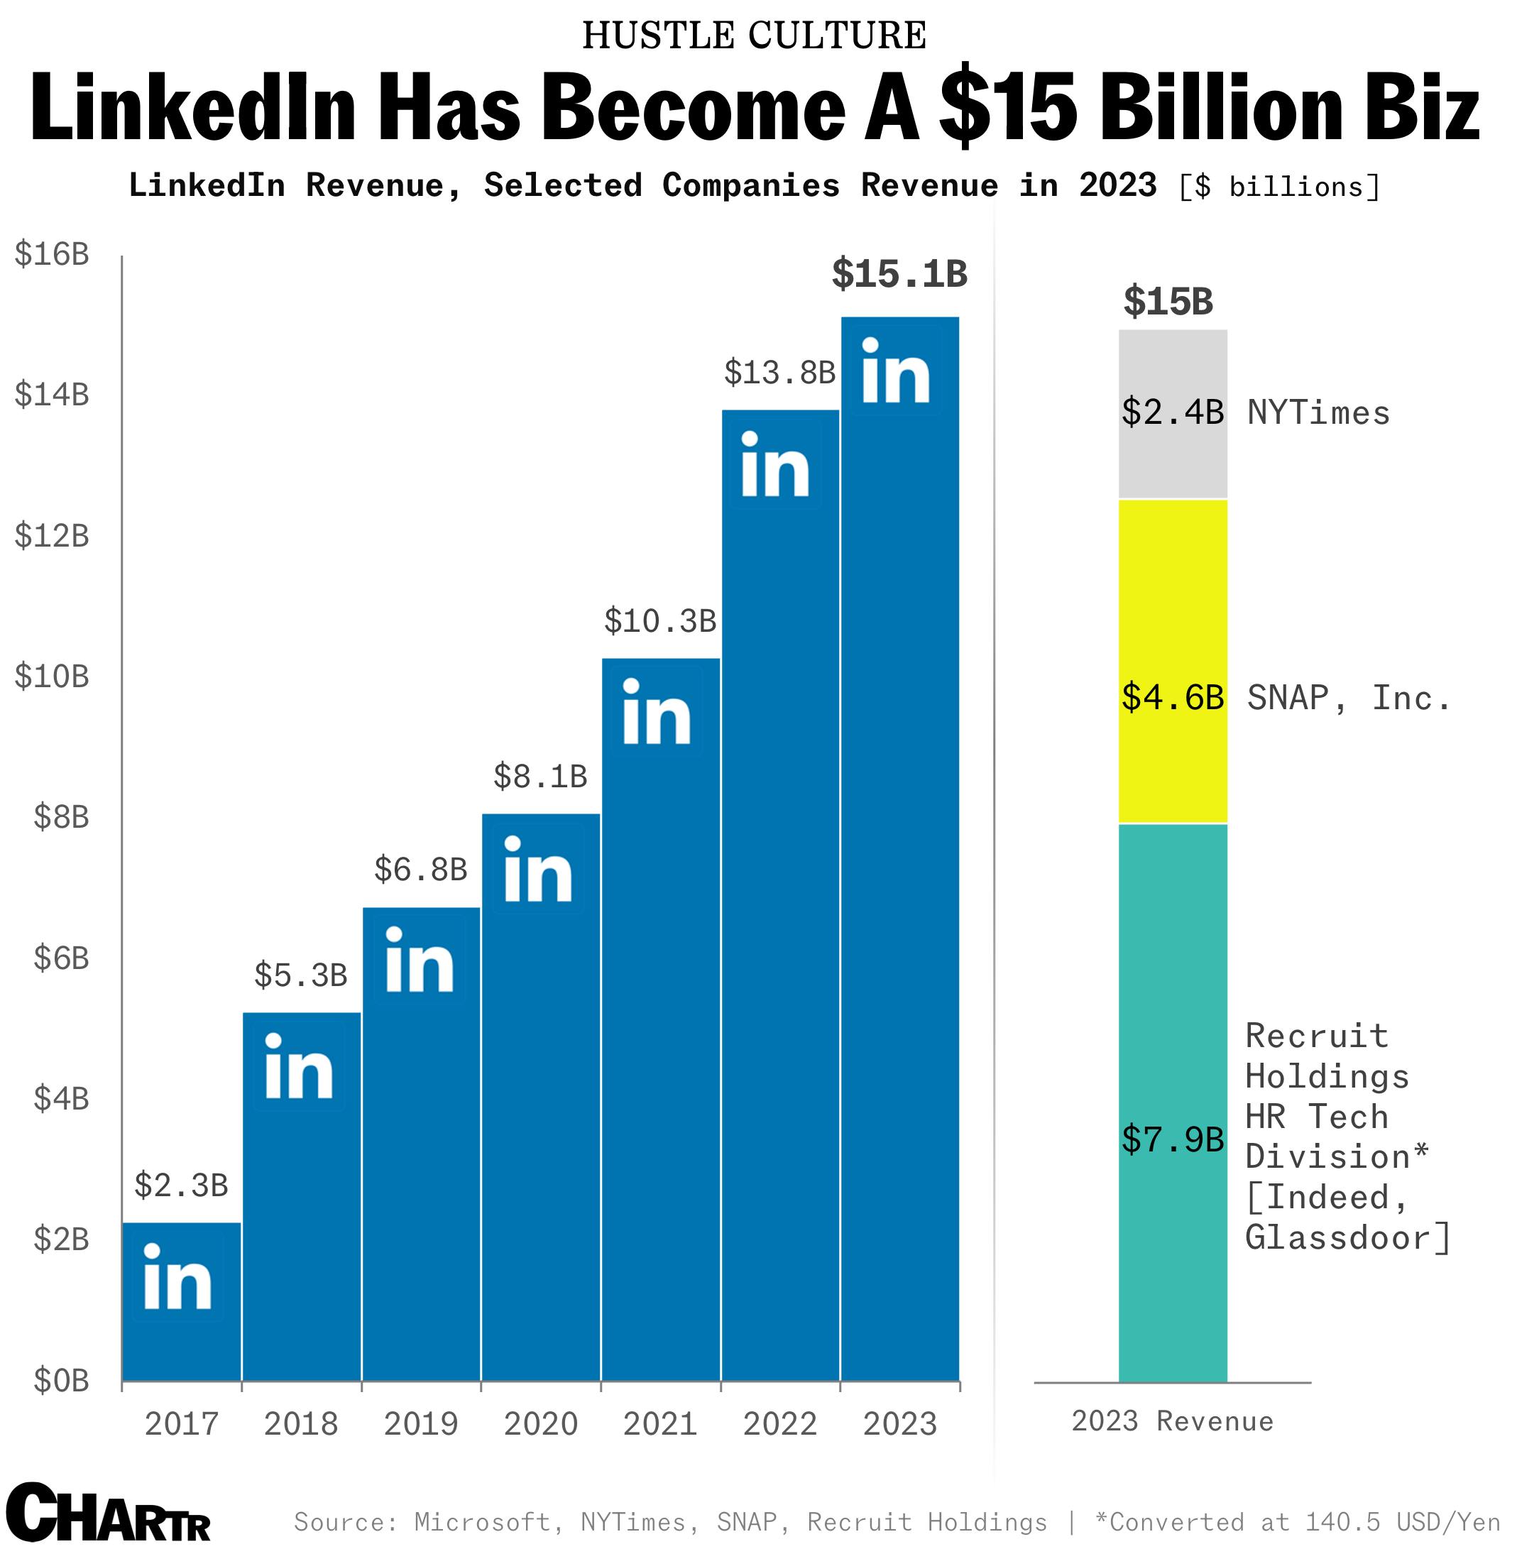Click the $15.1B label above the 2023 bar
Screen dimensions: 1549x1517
point(899,274)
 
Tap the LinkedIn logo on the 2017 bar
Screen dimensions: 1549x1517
point(177,1282)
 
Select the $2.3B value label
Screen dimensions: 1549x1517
point(181,1186)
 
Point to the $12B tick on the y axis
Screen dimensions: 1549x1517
point(52,535)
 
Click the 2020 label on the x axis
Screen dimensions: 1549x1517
point(540,1424)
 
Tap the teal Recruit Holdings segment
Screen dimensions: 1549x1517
point(1173,996)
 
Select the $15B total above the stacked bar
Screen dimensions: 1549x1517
point(1168,302)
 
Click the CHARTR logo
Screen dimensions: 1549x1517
point(108,1513)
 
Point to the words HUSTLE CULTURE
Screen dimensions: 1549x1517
point(754,36)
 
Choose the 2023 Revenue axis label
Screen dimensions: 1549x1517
point(1172,1421)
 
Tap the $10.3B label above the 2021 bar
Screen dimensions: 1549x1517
point(659,621)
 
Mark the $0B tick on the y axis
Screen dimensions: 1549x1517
point(60,1381)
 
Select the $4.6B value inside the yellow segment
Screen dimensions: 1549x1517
point(1172,698)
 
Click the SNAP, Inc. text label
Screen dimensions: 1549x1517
point(1348,699)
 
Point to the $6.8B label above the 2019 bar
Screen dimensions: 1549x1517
point(421,870)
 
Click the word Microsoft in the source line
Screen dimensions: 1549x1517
point(482,1522)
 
